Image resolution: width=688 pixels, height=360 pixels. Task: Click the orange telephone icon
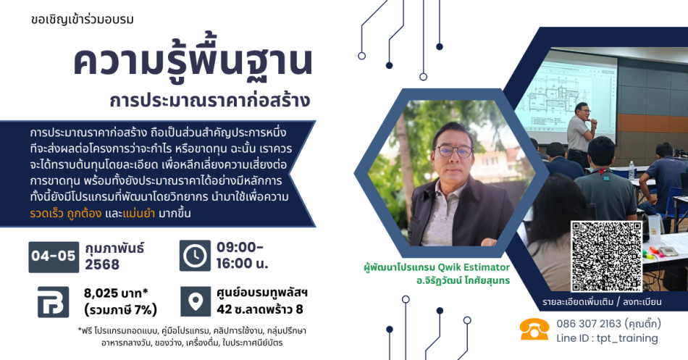pos(534,330)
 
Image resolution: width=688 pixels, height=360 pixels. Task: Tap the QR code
pos(606,256)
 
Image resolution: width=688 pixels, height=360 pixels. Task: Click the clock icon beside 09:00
pos(195,256)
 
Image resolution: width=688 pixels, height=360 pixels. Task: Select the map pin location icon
pos(196,301)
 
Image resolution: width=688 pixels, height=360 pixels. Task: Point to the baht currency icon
pos(53,302)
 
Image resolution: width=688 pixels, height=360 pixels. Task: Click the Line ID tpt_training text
pos(608,338)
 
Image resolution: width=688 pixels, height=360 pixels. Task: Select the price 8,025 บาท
pos(116,293)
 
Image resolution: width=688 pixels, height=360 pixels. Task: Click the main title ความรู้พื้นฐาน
pos(193,61)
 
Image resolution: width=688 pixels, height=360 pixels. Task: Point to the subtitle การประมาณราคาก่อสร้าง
pos(210,100)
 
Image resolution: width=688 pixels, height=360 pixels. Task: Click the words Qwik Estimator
pos(474,267)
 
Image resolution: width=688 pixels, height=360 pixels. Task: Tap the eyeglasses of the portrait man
pos(453,151)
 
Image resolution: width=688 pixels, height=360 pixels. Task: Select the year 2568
pos(102,264)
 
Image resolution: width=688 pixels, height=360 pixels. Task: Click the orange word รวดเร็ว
pos(46,214)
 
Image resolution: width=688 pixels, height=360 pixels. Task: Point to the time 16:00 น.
pos(242,264)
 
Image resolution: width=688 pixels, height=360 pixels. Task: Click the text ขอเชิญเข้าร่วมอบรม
pos(83,20)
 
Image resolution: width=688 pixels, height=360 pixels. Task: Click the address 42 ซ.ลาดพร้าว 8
pos(260,309)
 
